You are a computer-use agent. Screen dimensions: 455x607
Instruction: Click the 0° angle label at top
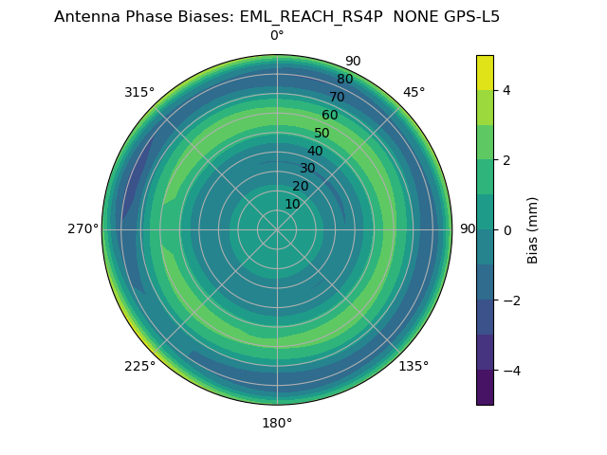pyautogui.click(x=277, y=36)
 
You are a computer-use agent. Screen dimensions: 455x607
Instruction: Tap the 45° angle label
pyautogui.click(x=414, y=92)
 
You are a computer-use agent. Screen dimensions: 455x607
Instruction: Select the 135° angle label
pyautogui.click(x=414, y=366)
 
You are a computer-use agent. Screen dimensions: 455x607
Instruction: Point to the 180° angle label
pyautogui.click(x=277, y=423)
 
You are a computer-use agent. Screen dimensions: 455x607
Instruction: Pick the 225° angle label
pyautogui.click(x=139, y=366)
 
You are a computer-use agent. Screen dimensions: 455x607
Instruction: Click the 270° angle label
pyautogui.click(x=83, y=228)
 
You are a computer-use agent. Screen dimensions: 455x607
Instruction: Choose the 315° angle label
pyautogui.click(x=139, y=92)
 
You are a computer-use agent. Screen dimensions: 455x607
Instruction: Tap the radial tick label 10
pyautogui.click(x=292, y=204)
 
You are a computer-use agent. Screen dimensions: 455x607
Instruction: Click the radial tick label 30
pyautogui.click(x=307, y=168)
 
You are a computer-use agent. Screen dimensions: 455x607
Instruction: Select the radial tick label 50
pyautogui.click(x=322, y=133)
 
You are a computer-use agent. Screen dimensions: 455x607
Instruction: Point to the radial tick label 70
pyautogui.click(x=337, y=97)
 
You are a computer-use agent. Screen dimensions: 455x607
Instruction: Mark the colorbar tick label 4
pyautogui.click(x=507, y=90)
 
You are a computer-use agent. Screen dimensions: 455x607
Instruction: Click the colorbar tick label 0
pyautogui.click(x=507, y=229)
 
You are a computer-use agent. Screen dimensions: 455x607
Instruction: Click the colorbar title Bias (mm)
pyautogui.click(x=533, y=229)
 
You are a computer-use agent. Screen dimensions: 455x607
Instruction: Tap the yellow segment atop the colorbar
pyautogui.click(x=485, y=72)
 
